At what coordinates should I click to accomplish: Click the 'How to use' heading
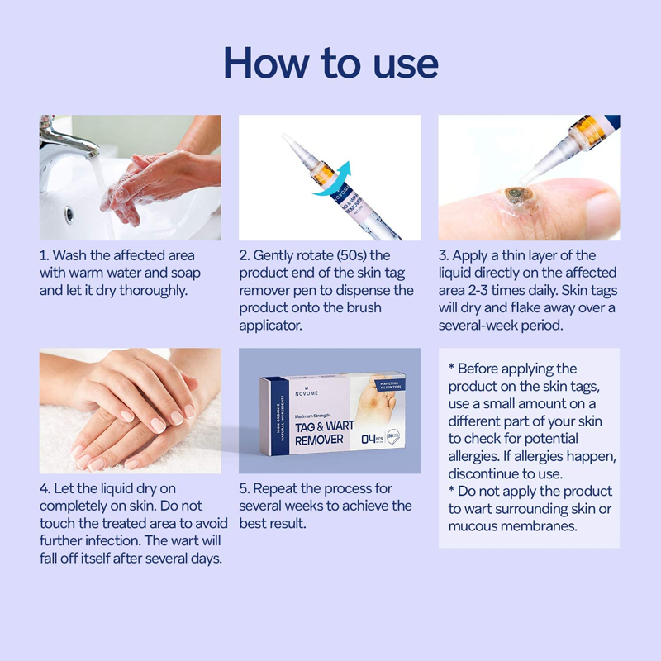point(331,64)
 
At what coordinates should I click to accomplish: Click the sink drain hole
point(69,215)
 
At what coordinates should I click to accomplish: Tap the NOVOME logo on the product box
point(307,392)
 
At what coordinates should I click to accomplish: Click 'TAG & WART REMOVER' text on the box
point(324,433)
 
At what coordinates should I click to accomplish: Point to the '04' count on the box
point(369,439)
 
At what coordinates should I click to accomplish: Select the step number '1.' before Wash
point(45,255)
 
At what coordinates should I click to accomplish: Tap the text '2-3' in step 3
point(478,291)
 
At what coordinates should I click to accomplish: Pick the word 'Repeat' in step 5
point(275,488)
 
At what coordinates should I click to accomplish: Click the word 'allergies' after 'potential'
point(474,456)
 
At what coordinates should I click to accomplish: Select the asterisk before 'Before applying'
point(451,366)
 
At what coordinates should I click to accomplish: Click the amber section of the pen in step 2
point(325,174)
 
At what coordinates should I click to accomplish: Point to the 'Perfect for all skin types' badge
point(389,385)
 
